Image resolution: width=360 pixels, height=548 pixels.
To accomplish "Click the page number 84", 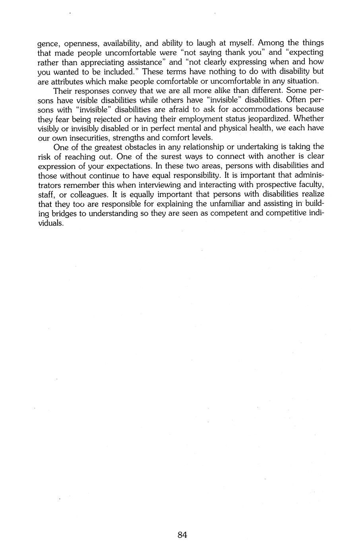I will (182, 534).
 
